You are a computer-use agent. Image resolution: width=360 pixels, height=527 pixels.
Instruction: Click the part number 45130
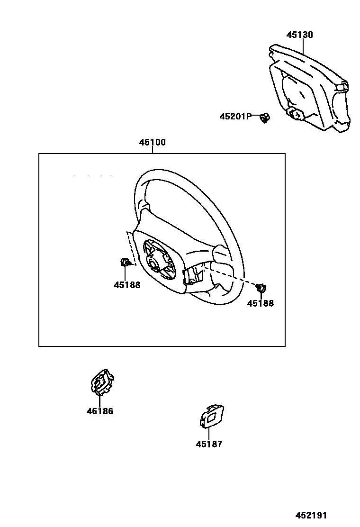[299, 35]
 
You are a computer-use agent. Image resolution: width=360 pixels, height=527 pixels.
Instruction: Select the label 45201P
[235, 116]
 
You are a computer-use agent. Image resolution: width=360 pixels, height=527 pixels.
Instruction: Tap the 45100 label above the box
[153, 142]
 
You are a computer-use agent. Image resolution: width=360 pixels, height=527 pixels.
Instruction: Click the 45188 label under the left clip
[127, 285]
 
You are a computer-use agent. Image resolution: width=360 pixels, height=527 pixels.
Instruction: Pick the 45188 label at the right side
[261, 303]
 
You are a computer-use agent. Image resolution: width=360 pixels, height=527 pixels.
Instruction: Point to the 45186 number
[100, 411]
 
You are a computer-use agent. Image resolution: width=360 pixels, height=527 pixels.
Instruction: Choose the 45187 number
[209, 444]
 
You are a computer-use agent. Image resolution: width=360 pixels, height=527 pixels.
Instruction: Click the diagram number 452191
[311, 516]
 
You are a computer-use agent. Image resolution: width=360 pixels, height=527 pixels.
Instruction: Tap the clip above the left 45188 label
[125, 262]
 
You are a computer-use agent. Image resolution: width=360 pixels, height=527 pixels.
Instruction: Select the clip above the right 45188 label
[260, 287]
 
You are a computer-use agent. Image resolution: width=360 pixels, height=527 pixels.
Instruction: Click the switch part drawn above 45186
[101, 382]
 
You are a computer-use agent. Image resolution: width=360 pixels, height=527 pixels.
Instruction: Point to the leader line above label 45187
[209, 433]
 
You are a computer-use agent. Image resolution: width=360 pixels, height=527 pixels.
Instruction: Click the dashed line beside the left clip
[130, 249]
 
